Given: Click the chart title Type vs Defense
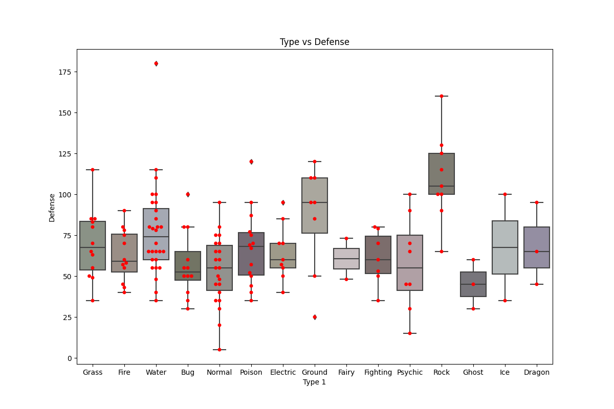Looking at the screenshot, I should (314, 42).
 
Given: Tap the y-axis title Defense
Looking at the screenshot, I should (52, 207).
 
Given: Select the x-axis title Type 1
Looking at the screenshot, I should (314, 382).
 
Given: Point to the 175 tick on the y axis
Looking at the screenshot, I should (68, 72).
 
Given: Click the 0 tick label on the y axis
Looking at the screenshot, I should (69, 358).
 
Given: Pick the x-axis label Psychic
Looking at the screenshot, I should (410, 373).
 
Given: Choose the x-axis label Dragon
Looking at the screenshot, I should (537, 373).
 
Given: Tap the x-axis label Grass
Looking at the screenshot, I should (93, 373).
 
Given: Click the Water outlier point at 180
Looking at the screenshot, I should (156, 63).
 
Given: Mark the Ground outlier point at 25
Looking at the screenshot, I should (315, 317).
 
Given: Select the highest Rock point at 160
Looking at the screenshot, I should (442, 96).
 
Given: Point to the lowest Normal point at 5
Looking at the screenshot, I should (220, 350).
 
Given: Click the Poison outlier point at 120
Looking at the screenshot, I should (251, 162).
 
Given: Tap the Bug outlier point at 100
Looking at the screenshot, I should (188, 194).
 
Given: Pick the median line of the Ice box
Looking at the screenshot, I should (505, 247).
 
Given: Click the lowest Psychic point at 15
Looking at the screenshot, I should (410, 333).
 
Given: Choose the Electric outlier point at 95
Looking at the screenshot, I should (283, 202).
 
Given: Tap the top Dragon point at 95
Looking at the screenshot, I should (537, 202).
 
